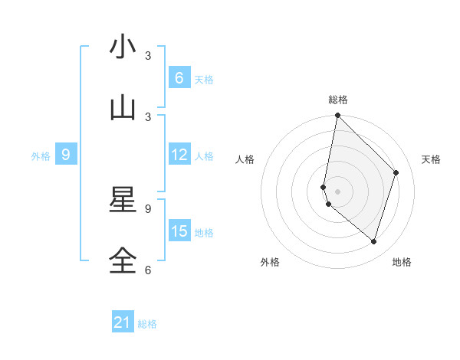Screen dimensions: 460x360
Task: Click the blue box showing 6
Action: point(179,78)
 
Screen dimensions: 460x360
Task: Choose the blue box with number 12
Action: point(179,155)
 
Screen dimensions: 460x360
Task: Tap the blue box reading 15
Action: point(179,231)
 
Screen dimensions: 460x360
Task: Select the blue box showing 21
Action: point(123,323)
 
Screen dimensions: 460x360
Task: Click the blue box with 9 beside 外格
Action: point(66,155)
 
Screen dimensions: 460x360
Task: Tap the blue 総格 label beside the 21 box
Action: point(147,324)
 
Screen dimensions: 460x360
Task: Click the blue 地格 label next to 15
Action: point(204,233)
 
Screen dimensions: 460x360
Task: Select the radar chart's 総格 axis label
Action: point(338,100)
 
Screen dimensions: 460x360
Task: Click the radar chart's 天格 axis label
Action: point(432,159)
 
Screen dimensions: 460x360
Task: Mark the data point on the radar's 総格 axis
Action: point(337,116)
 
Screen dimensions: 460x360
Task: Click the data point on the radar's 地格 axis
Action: point(373,241)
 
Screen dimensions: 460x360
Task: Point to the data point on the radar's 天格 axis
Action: point(396,172)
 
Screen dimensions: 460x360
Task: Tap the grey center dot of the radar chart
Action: point(337,191)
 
